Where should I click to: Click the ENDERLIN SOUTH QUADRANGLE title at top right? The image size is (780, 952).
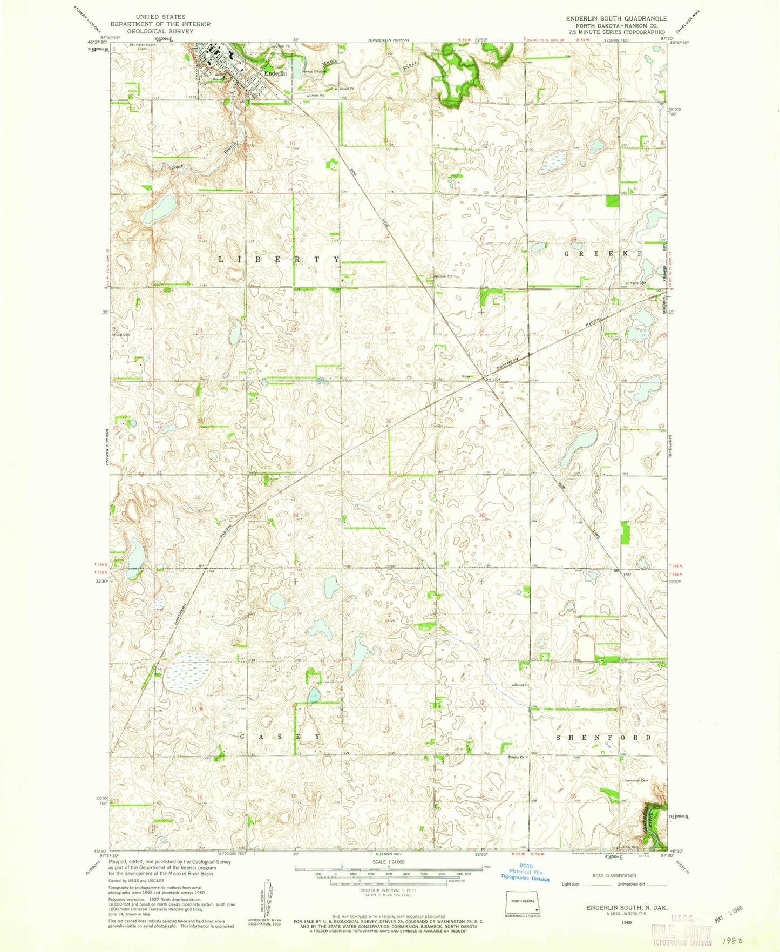[x=616, y=18]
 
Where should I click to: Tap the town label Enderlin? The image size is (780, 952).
[x=275, y=73]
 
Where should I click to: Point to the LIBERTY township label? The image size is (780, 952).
[x=279, y=260]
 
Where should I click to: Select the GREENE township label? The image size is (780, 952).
[x=603, y=253]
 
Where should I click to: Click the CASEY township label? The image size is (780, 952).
[x=280, y=737]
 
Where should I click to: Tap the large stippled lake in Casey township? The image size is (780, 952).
[x=187, y=673]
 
